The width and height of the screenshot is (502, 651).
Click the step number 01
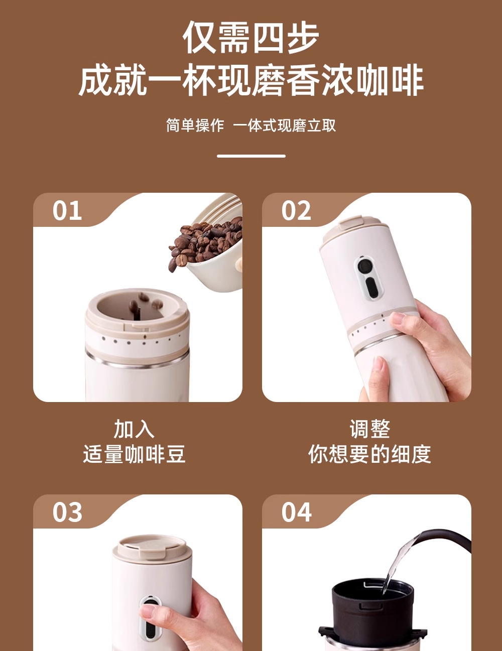pos(67,210)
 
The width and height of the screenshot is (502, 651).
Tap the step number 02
pos(296,210)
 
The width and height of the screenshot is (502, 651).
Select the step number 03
pos(67,512)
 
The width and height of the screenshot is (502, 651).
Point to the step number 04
pos(296,512)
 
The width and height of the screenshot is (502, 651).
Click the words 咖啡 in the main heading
pos(390,81)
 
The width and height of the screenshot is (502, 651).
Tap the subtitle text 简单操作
pos(195,125)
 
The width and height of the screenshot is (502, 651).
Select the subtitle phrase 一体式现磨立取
pos(285,125)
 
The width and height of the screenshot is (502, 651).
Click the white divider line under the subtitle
pos(251,156)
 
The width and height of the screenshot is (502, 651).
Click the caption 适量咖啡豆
pos(134,454)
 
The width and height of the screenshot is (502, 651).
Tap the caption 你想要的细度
pos(369,454)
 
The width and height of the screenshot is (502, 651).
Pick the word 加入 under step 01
pos(134,429)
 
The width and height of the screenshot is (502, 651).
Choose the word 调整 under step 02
pos(369,429)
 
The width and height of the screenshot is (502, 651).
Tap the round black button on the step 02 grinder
pos(364,265)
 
